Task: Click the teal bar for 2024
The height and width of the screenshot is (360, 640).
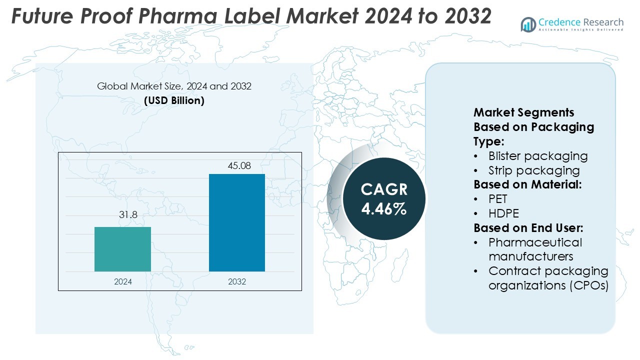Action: click(122, 249)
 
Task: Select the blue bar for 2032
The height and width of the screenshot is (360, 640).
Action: click(237, 222)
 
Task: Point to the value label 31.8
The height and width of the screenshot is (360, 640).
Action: click(127, 215)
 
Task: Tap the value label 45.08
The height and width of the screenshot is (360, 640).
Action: click(239, 165)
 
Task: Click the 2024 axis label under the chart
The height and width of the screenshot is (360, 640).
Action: click(123, 281)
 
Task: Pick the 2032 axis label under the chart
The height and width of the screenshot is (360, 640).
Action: click(237, 281)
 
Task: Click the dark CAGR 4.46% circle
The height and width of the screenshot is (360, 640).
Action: click(384, 198)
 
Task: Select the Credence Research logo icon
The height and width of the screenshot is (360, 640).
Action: click(528, 24)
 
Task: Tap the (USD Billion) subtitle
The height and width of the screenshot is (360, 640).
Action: click(174, 100)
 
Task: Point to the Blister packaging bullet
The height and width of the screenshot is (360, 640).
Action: click(537, 156)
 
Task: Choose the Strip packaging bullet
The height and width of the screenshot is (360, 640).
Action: click(533, 170)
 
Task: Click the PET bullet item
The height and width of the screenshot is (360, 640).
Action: click(498, 199)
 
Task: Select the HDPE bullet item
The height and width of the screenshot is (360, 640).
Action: click(503, 213)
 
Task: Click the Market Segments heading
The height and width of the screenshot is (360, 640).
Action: click(523, 112)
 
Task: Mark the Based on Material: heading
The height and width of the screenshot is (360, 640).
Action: click(527, 184)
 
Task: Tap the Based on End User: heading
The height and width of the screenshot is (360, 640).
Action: click(528, 228)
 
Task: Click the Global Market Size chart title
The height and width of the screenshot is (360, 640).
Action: click(174, 86)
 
